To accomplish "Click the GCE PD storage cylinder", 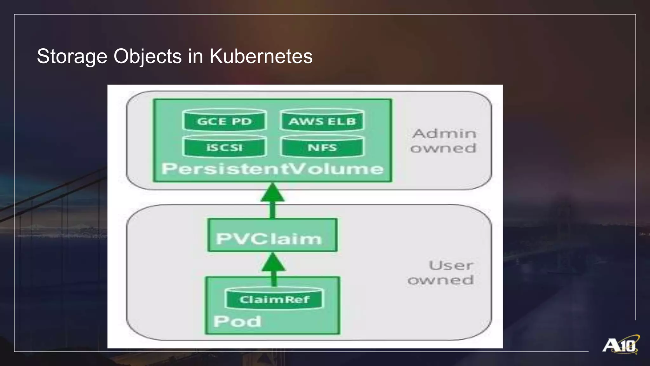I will pos(224,120).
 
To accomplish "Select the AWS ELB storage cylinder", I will pos(322,120).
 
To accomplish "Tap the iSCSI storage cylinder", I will pos(224,147).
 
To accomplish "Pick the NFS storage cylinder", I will pos(322,147).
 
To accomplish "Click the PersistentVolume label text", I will pos(272,168).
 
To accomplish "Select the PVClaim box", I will pos(272,235).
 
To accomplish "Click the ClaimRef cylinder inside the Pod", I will pos(274,299).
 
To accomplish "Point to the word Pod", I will pos(237,321).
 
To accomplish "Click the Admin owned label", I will pos(444,141).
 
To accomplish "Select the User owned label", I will pos(441,273).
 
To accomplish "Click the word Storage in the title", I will pos(72,57).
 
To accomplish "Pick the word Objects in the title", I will pos(148,57).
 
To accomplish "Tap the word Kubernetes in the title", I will pos(261,57).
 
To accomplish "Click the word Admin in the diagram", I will pos(444,133).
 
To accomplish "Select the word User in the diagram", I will pos(451,265).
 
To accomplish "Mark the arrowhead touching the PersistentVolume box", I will pos(272,192).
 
